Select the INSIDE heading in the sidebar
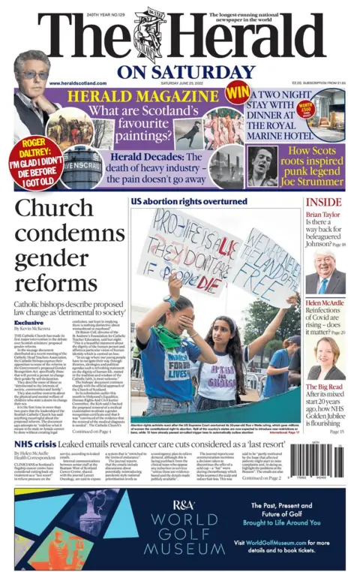(323, 202)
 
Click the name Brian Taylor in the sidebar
(323, 215)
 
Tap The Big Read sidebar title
(324, 387)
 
